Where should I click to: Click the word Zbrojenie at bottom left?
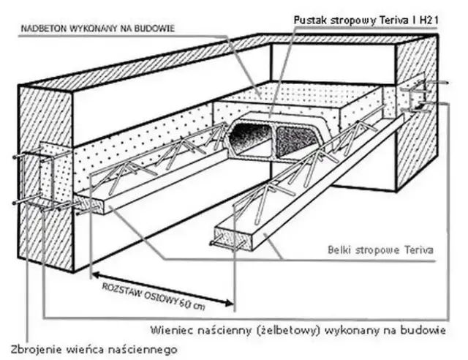tap(34, 348)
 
